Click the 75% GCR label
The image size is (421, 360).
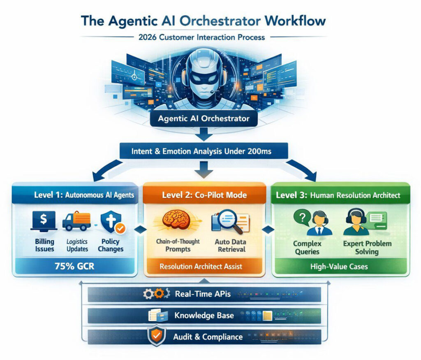coord(74,266)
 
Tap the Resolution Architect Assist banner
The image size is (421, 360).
coord(201,267)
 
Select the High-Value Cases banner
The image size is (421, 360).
coord(339,267)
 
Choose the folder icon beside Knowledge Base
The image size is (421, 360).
coord(158,316)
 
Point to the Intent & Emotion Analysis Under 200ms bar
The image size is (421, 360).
coord(201,151)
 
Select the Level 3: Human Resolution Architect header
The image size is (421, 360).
coord(338,195)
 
